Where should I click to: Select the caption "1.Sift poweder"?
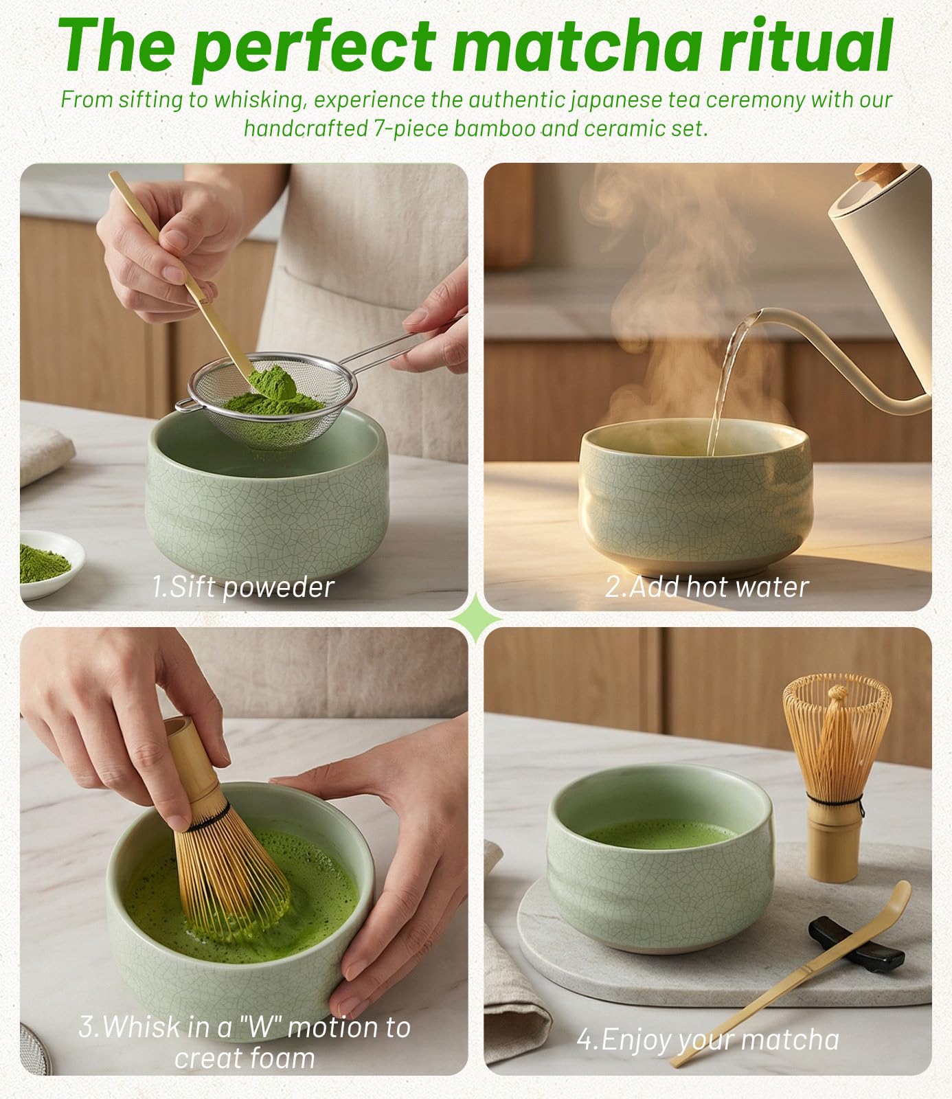click(x=242, y=587)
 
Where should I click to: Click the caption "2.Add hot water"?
click(x=707, y=587)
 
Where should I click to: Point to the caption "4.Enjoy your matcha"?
click(x=708, y=1040)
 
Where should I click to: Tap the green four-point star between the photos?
click(x=476, y=619)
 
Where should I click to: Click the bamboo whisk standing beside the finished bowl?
click(x=835, y=776)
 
